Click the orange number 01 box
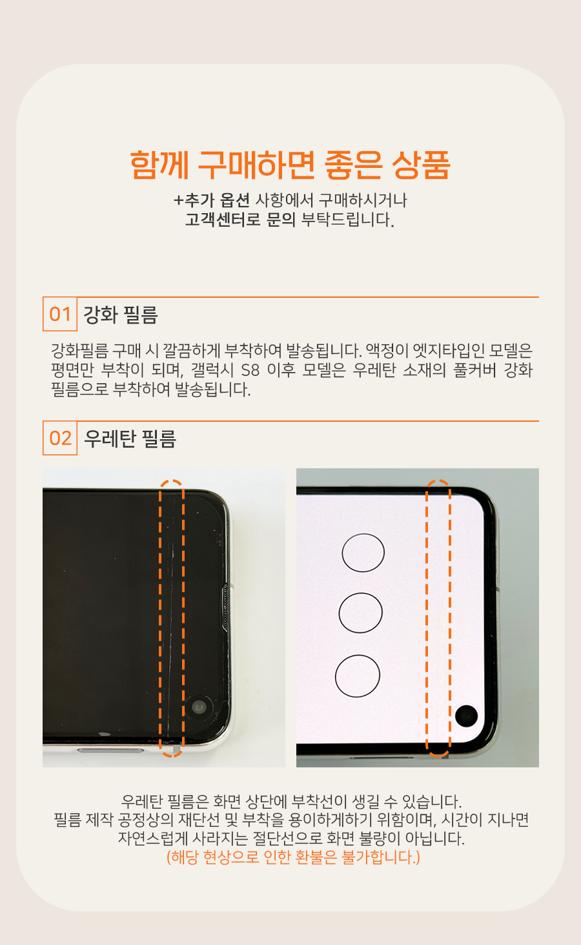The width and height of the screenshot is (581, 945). tap(60, 314)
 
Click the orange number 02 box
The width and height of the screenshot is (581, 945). tap(60, 438)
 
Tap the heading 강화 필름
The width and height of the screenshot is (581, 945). tap(121, 315)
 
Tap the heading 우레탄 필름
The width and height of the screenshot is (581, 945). tap(130, 439)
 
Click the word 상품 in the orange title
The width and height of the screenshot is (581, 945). tap(421, 165)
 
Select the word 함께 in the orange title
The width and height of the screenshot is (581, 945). tap(159, 165)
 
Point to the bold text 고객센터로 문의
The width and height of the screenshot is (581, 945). tap(240, 220)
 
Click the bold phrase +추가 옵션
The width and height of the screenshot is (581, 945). tap(212, 200)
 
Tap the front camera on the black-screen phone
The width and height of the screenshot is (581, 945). tap(198, 707)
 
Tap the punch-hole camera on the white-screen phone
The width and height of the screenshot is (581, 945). tap(466, 716)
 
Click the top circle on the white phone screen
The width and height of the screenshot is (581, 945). tap(363, 553)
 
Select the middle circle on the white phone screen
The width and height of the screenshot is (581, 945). tap(360, 612)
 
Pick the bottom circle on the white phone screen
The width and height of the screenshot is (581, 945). tap(358, 676)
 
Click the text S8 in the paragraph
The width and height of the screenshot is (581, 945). tap(250, 370)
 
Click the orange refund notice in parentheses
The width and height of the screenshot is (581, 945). tap(294, 857)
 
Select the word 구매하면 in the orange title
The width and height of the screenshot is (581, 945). tap(256, 165)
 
